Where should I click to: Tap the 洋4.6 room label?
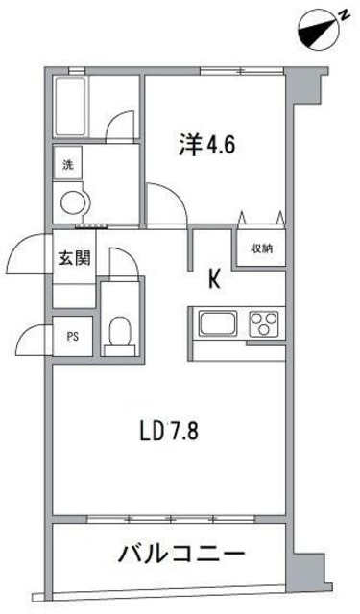[x=206, y=148]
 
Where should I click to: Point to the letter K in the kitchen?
[x=215, y=279]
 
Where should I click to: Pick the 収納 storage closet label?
[x=261, y=248]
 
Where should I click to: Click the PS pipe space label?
[x=72, y=337]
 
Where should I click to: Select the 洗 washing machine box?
[x=68, y=164]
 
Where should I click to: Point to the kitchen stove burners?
[x=262, y=323]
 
